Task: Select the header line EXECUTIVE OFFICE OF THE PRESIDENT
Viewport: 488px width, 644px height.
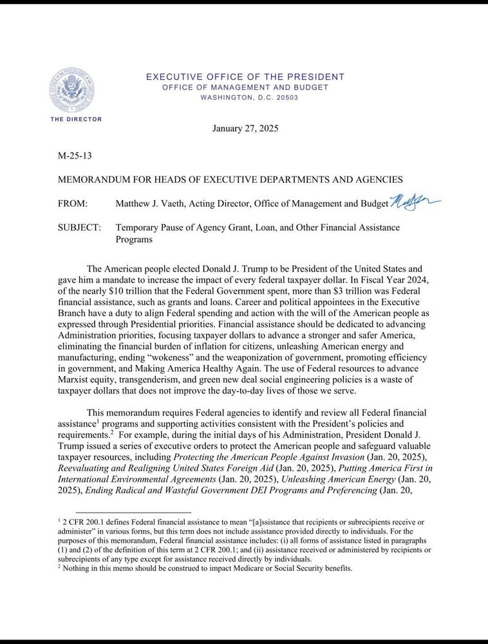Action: [245, 77]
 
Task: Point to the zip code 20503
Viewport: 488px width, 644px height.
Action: [284, 98]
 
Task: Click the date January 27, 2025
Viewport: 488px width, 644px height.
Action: [245, 129]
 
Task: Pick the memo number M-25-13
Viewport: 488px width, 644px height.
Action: [74, 155]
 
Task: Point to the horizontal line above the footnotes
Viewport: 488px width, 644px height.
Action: [122, 513]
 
